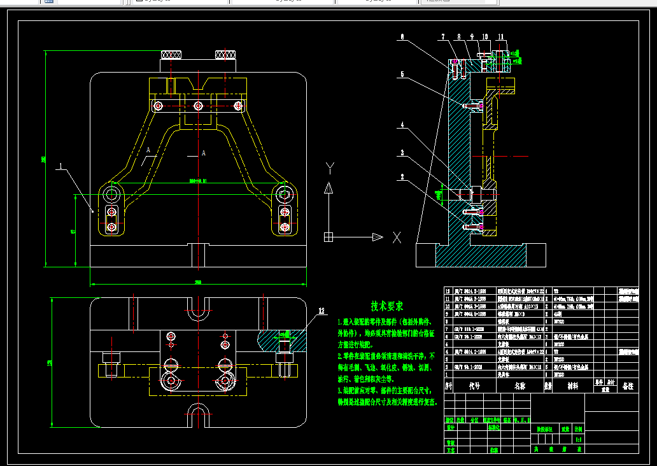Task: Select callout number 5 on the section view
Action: (x=402, y=74)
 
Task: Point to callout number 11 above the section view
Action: (x=502, y=37)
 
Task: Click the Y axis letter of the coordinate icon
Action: (x=329, y=167)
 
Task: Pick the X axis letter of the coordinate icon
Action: (x=396, y=237)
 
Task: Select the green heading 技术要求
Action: (x=387, y=306)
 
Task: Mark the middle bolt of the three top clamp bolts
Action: (x=199, y=105)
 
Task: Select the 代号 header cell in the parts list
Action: (x=474, y=386)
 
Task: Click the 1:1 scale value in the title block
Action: (x=578, y=439)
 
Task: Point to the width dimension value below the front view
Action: (x=197, y=282)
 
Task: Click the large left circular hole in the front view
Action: (x=112, y=192)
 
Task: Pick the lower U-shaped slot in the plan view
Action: (x=198, y=413)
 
